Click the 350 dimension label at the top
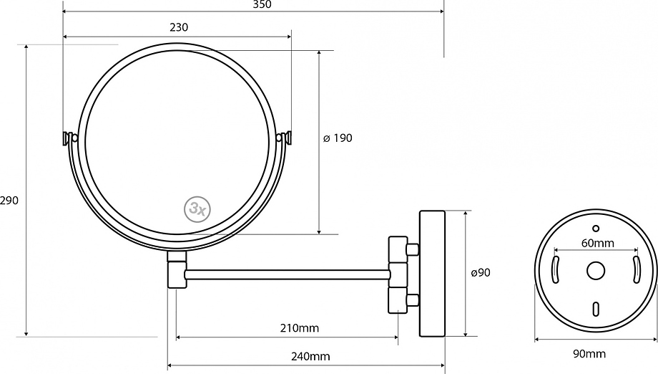pyautogui.click(x=262, y=4)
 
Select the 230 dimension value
pyautogui.click(x=179, y=27)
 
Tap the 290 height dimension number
pyautogui.click(x=9, y=201)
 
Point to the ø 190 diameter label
pyautogui.click(x=338, y=138)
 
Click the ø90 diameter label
pyautogui.click(x=481, y=273)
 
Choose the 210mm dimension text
pyautogui.click(x=300, y=327)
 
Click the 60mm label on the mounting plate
pyautogui.click(x=598, y=243)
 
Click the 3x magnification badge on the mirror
pyautogui.click(x=197, y=208)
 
